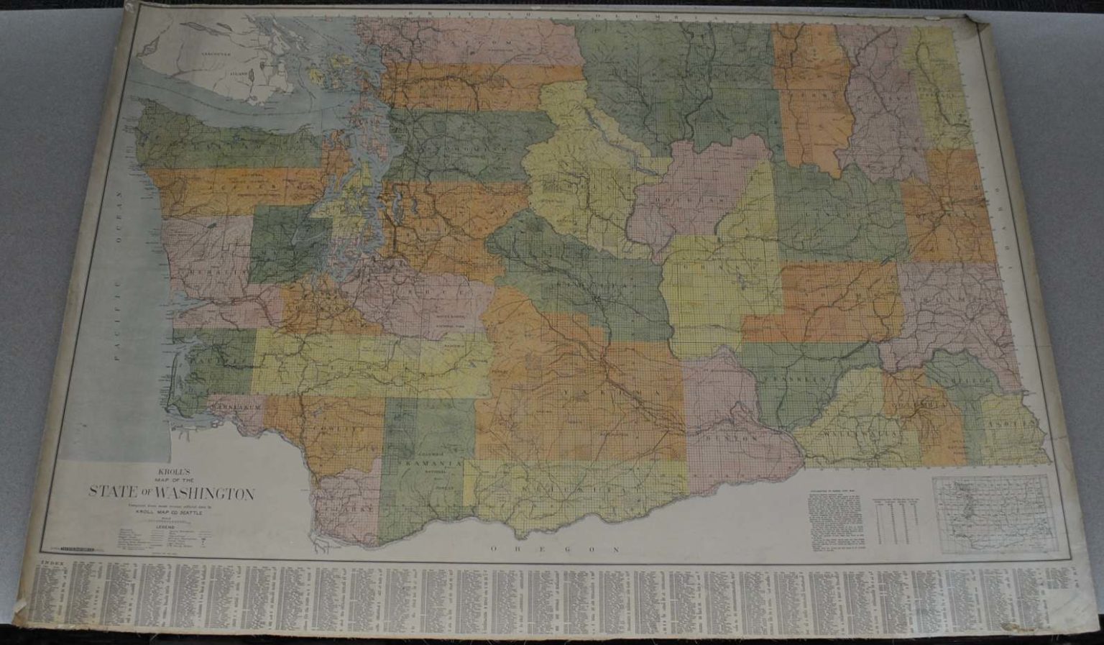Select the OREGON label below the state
click(554, 549)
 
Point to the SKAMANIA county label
click(429, 464)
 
